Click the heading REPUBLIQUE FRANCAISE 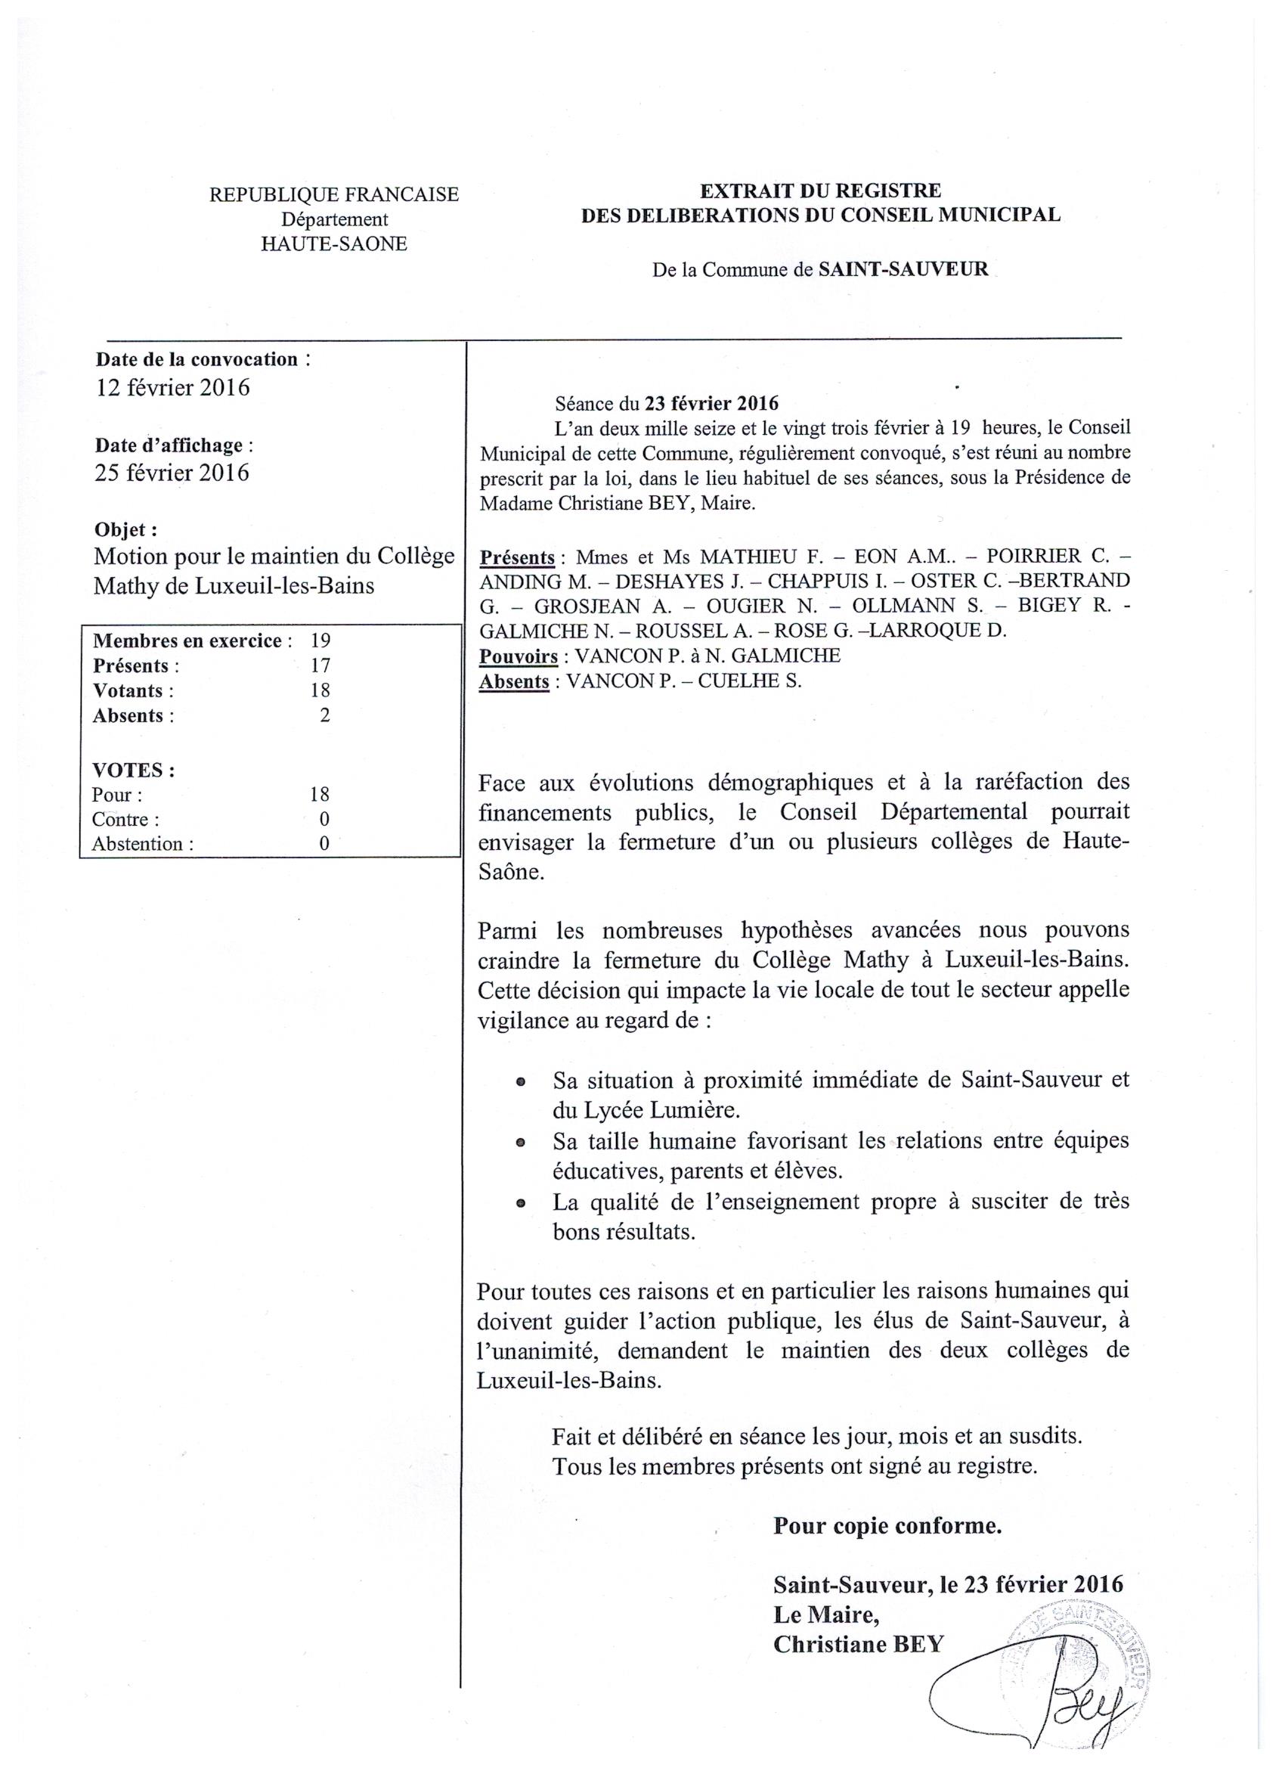pos(333,195)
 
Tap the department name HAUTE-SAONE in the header pos(333,244)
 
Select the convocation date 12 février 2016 pos(172,387)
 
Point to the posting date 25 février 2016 pos(172,473)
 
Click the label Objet pos(125,529)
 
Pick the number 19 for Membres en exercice pos(320,641)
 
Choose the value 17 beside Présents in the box pos(320,665)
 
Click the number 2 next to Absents pos(324,715)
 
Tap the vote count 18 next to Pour pos(320,794)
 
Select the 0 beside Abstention pos(324,843)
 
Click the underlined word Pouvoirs pos(519,656)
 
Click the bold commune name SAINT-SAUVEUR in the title pos(903,270)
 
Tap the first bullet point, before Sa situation pos(520,1083)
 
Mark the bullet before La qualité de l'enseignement pos(520,1204)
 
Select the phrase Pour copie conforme pos(887,1525)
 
